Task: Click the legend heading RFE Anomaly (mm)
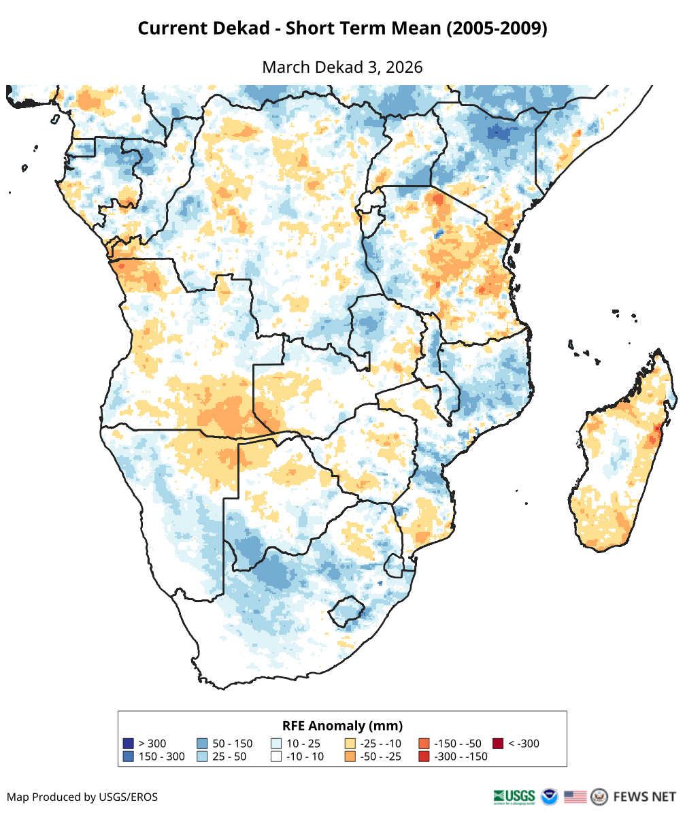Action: click(x=342, y=725)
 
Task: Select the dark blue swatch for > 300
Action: click(x=128, y=744)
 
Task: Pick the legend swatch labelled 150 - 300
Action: click(x=128, y=757)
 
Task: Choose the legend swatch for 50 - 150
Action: click(x=202, y=744)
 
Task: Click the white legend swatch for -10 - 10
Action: click(x=276, y=757)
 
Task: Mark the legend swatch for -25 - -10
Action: click(x=350, y=744)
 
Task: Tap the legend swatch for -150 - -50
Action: click(x=424, y=744)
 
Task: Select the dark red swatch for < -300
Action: click(x=499, y=744)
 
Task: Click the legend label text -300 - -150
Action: click(x=462, y=757)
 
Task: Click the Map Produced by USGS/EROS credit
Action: click(x=82, y=797)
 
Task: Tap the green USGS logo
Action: click(x=515, y=796)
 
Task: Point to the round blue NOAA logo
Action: click(x=549, y=796)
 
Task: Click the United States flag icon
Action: click(x=575, y=796)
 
